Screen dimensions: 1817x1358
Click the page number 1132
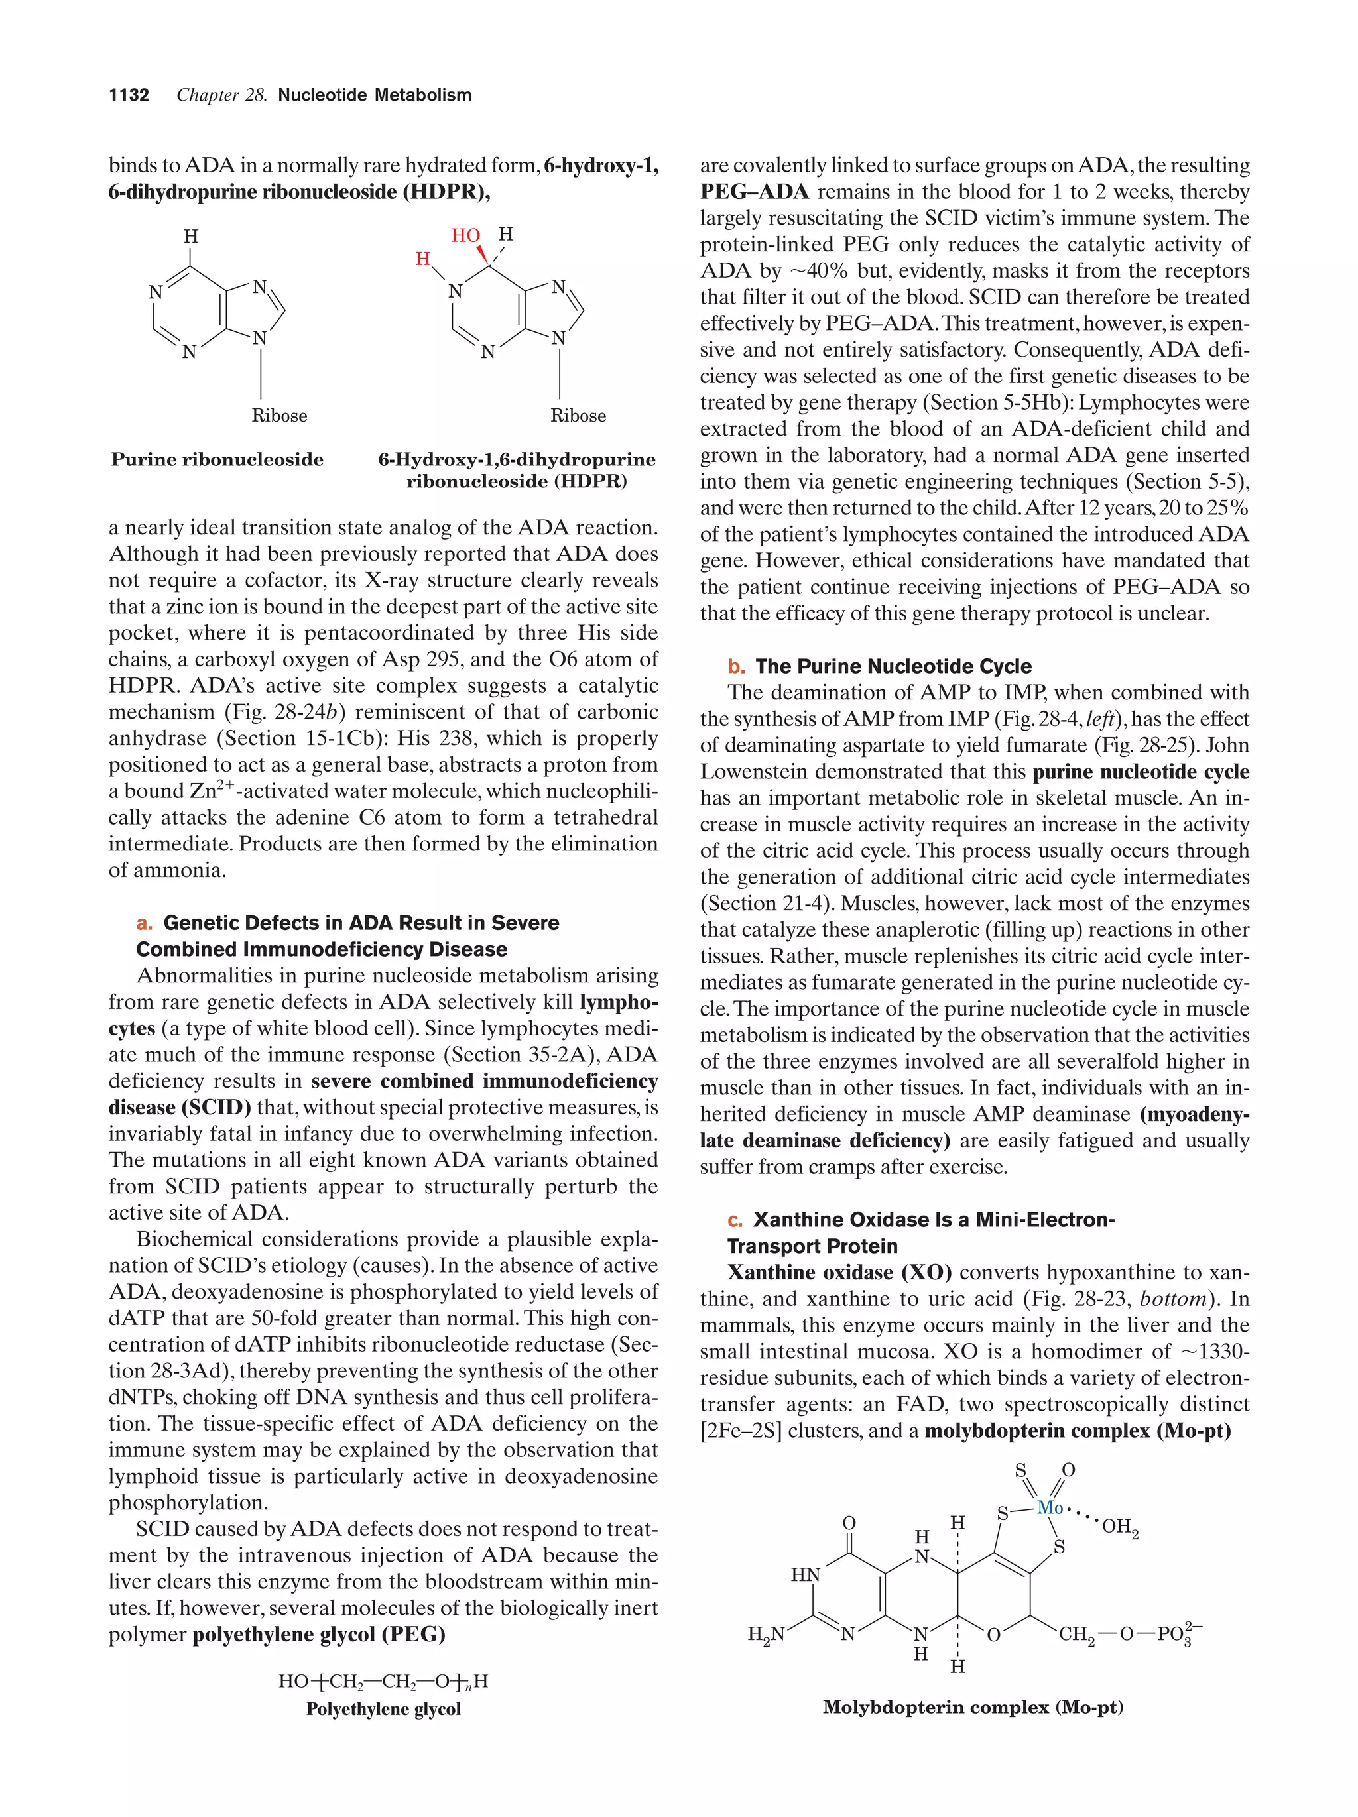129,95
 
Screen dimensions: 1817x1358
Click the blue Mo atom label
1049,1507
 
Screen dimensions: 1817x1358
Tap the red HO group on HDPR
465,236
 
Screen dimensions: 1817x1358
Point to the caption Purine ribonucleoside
217,460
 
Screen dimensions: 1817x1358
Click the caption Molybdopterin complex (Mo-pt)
973,1707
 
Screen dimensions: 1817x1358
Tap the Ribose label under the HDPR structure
578,416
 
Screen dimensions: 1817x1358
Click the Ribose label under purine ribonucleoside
279,416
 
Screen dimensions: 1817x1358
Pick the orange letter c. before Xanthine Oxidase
735,1220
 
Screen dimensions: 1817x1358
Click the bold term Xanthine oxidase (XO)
839,1272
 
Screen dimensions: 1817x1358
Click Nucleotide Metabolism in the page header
375,95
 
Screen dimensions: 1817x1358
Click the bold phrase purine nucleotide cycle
1141,772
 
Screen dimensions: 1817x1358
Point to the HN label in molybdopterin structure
805,1574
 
